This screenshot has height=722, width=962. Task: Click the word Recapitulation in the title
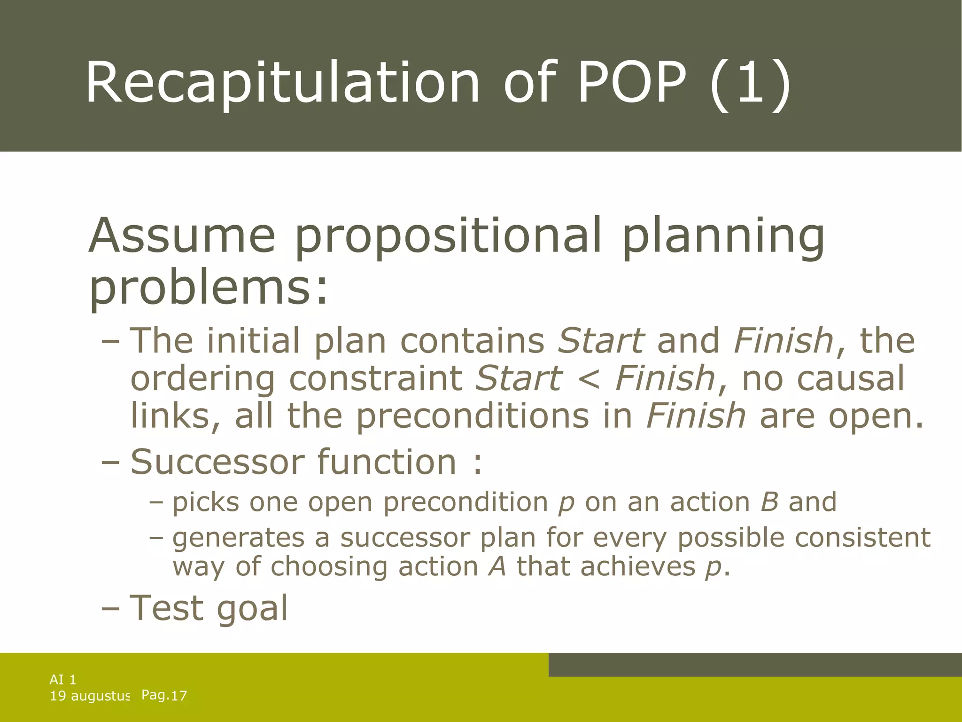click(282, 84)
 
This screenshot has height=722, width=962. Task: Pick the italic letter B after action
click(769, 502)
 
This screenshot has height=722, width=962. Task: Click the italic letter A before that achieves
click(497, 566)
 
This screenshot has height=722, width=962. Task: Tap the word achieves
click(637, 566)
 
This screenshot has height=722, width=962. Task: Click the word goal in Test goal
click(252, 609)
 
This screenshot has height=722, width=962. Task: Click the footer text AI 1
click(63, 679)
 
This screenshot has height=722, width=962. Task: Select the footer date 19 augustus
click(89, 696)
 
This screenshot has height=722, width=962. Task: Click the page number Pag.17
click(164, 696)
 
